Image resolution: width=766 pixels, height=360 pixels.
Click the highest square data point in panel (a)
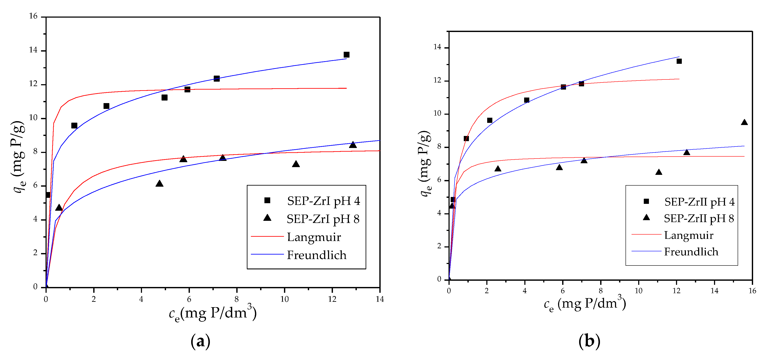[x=346, y=55]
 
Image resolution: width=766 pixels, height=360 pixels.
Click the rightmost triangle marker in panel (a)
[x=353, y=145]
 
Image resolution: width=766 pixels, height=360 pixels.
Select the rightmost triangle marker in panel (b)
[x=744, y=122]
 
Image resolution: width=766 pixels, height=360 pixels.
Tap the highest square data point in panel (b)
[x=679, y=61]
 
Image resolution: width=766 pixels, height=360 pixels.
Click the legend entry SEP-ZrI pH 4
[x=323, y=201]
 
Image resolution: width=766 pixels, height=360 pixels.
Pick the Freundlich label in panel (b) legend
[x=691, y=252]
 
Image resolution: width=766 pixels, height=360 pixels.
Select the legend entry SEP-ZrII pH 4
[x=699, y=202]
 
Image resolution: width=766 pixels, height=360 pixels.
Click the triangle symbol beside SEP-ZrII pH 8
[x=646, y=218]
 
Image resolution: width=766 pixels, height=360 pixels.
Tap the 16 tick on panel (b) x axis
[x=752, y=291]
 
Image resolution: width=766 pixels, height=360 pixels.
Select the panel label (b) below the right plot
[x=589, y=341]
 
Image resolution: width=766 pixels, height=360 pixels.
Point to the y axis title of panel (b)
[x=425, y=163]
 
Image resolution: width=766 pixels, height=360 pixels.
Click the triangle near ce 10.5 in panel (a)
[x=296, y=164]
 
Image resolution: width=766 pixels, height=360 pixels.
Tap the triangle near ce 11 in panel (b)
[x=659, y=172]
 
